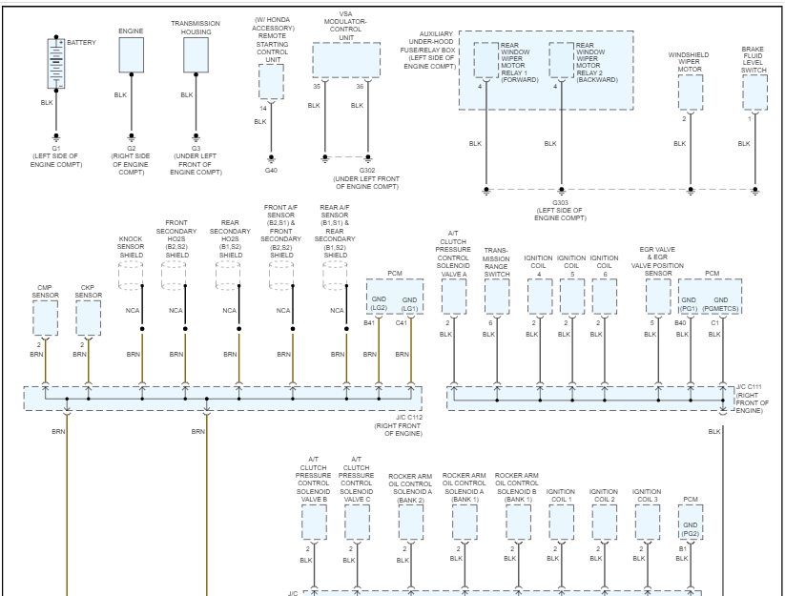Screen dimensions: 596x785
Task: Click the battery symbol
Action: (x=56, y=63)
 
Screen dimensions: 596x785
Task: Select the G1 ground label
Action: (x=56, y=149)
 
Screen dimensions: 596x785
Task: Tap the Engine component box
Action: (x=132, y=54)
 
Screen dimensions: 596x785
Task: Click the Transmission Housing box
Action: (x=196, y=54)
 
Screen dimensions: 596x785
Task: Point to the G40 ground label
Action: (x=271, y=170)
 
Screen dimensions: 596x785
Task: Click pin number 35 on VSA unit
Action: (x=316, y=86)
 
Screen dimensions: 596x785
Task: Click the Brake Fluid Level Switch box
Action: (x=754, y=92)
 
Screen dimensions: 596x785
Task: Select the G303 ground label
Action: (x=561, y=202)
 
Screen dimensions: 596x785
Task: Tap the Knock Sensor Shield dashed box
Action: (x=131, y=275)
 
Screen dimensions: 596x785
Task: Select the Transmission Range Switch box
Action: (x=496, y=297)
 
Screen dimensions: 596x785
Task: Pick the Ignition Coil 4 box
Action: (x=540, y=297)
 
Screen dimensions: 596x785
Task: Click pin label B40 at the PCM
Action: (x=681, y=324)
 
